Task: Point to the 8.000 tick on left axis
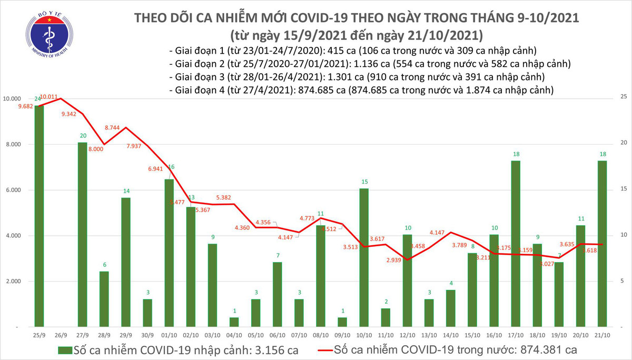click(x=19, y=145)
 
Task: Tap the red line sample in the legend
click(x=335, y=349)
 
